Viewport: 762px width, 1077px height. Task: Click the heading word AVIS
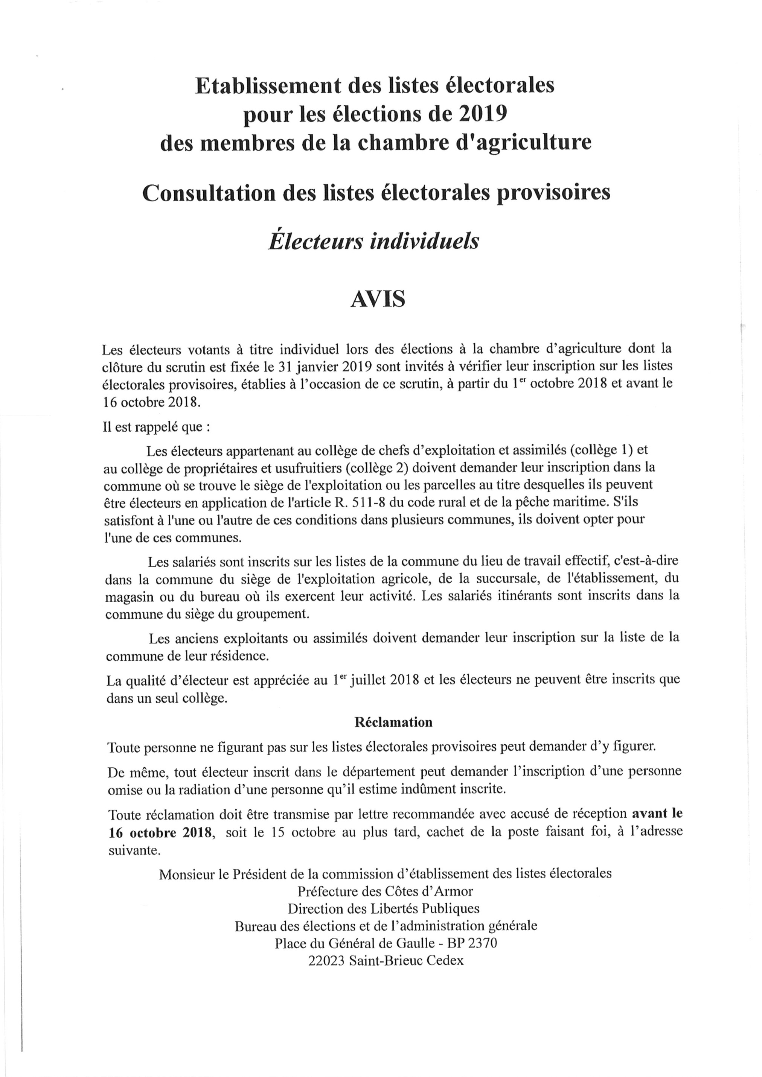[x=377, y=299]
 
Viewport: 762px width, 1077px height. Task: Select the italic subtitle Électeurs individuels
[x=373, y=242]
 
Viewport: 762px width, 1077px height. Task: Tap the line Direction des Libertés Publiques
[x=383, y=909]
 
